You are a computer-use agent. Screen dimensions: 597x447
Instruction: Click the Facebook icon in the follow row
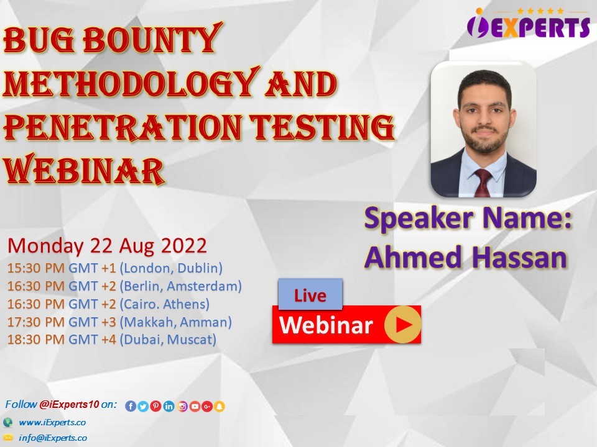pyautogui.click(x=130, y=406)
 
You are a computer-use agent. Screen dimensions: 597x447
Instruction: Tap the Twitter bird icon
pyautogui.click(x=143, y=406)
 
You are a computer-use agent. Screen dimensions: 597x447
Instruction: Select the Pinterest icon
pyautogui.click(x=155, y=406)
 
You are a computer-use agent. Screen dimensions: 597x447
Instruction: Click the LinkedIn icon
pyautogui.click(x=169, y=406)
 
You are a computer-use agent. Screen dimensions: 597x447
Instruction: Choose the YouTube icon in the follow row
pyautogui.click(x=195, y=406)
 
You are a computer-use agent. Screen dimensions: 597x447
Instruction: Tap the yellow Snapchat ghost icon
pyautogui.click(x=220, y=406)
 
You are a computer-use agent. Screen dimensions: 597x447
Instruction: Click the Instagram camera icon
pyautogui.click(x=182, y=406)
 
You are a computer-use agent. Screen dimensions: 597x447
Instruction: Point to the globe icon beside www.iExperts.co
pyautogui.click(x=7, y=422)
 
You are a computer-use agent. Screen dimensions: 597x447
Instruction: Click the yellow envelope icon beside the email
pyautogui.click(x=7, y=437)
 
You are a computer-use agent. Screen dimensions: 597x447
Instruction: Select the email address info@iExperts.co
pyautogui.click(x=53, y=438)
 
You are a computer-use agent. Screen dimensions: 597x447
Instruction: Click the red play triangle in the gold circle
pyautogui.click(x=404, y=324)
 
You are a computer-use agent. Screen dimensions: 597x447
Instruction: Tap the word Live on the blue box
pyautogui.click(x=310, y=296)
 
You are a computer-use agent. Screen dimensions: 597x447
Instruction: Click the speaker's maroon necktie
pyautogui.click(x=483, y=183)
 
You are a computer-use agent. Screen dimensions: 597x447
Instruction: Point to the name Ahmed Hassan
pyautogui.click(x=466, y=257)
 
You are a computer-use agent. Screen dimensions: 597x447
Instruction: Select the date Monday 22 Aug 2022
pyautogui.click(x=107, y=246)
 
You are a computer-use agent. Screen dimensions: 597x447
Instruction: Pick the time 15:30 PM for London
pyautogui.click(x=36, y=268)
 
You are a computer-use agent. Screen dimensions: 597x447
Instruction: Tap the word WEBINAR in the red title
pyautogui.click(x=84, y=169)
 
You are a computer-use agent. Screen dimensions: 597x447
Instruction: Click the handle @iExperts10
pyautogui.click(x=69, y=404)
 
